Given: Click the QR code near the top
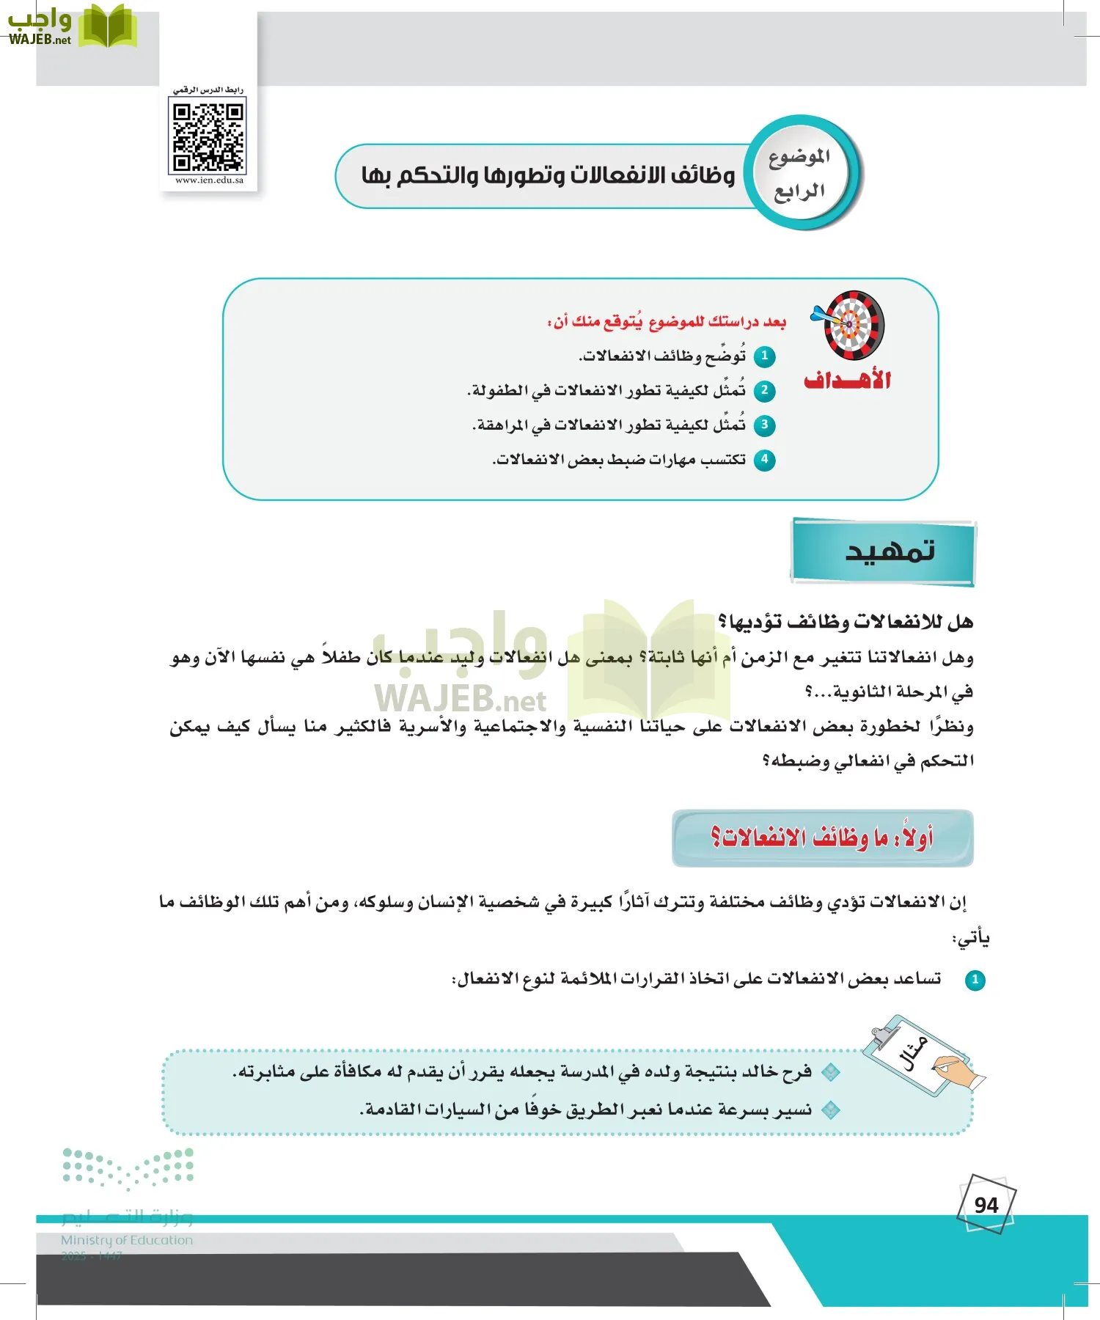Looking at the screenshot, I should click(x=208, y=137).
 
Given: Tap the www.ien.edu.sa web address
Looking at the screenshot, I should click(x=209, y=180).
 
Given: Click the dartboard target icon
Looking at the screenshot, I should click(x=851, y=325).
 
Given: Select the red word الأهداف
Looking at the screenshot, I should click(x=847, y=381).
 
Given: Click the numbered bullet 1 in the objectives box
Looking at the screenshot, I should click(x=765, y=356).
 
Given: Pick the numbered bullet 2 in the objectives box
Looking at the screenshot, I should click(x=765, y=390).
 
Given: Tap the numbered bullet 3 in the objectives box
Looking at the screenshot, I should click(x=765, y=425).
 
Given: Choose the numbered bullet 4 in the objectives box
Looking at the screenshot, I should click(x=765, y=460).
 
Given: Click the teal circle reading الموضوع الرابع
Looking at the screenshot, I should click(x=800, y=174).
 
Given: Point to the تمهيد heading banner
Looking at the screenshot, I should click(x=884, y=551).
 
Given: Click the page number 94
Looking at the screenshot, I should click(x=986, y=1205).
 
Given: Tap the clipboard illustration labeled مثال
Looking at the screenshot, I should click(x=920, y=1056).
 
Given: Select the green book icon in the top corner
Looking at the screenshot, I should click(x=108, y=26).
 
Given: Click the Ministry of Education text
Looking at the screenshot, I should click(x=127, y=1240).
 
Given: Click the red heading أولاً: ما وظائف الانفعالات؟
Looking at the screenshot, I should click(x=822, y=837).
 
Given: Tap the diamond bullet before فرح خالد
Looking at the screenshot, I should click(x=830, y=1072).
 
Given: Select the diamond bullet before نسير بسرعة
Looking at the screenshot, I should click(x=830, y=1110).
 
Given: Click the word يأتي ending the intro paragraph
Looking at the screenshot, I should click(x=970, y=939).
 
